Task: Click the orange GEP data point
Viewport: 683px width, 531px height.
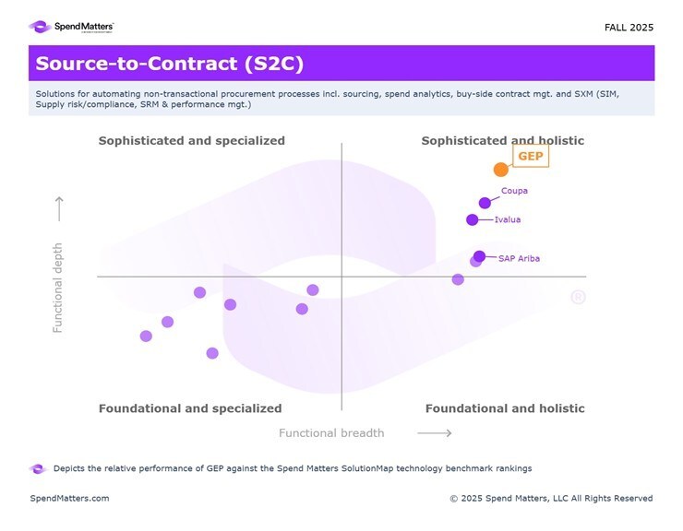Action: coord(500,170)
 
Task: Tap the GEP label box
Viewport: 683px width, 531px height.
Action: coord(531,157)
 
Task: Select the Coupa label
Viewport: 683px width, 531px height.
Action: coord(514,192)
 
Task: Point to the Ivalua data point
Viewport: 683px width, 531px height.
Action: coord(473,219)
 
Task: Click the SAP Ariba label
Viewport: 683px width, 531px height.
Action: coord(519,259)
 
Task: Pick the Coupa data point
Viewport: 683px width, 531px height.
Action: coord(485,203)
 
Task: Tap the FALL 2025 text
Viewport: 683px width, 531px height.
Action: coord(629,28)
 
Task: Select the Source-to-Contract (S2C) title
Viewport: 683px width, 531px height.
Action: coord(169,65)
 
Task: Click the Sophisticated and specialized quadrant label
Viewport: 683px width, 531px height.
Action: coord(191,141)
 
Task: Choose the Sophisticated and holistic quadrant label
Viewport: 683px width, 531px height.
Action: coord(502,141)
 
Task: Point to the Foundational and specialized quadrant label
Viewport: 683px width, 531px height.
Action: coord(190,408)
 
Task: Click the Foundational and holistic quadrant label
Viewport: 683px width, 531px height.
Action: coord(505,408)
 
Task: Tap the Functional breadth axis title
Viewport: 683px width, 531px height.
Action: coord(331,433)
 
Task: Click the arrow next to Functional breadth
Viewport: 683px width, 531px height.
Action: coord(435,433)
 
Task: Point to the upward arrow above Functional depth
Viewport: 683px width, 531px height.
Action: coord(58,208)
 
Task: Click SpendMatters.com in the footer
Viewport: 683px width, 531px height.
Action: coord(69,499)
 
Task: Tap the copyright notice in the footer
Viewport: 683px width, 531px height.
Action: coord(551,499)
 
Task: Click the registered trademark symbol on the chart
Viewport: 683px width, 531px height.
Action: coord(578,297)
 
